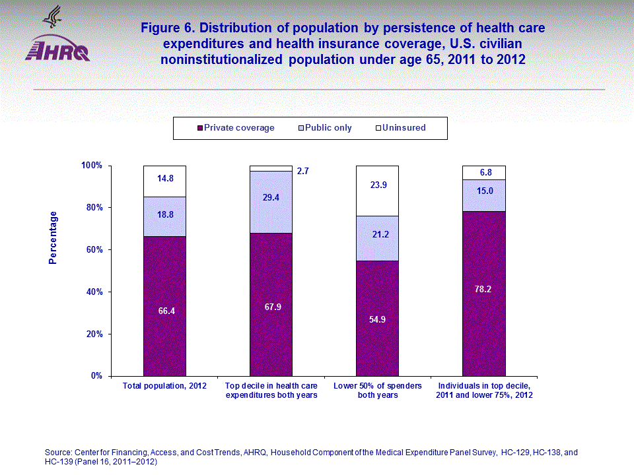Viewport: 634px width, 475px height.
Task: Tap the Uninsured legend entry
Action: [404, 128]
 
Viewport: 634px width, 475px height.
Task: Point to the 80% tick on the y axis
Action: [92, 208]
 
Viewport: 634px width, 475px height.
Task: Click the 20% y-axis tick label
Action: [92, 334]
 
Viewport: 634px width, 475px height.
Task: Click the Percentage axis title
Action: [53, 237]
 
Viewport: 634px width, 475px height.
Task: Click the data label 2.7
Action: [302, 172]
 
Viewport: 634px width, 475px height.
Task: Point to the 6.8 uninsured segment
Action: [483, 173]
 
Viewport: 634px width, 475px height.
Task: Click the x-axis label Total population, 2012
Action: [165, 385]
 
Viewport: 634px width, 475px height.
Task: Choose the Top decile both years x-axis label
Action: [271, 390]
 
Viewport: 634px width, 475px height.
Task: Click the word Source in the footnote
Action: [57, 453]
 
